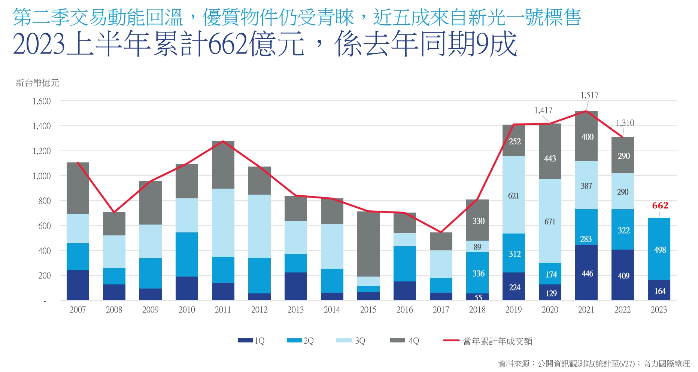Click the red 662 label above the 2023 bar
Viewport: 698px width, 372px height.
pyautogui.click(x=660, y=205)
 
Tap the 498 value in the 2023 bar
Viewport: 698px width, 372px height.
pyautogui.click(x=660, y=250)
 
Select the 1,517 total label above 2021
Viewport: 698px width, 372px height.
pyautogui.click(x=589, y=95)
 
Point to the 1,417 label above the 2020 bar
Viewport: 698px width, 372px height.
pyautogui.click(x=543, y=110)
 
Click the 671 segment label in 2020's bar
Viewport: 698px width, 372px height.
pyautogui.click(x=550, y=222)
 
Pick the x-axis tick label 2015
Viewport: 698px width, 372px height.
pyautogui.click(x=368, y=310)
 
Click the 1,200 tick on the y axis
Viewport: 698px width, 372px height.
pyautogui.click(x=42, y=151)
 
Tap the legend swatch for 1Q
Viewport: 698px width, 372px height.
pyautogui.click(x=245, y=341)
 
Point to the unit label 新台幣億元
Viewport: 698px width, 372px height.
pyautogui.click(x=37, y=83)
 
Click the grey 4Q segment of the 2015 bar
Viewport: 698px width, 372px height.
pyautogui.click(x=368, y=243)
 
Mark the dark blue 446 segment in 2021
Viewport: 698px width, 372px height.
pyautogui.click(x=586, y=274)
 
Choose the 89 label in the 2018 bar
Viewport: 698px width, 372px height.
pyautogui.click(x=477, y=247)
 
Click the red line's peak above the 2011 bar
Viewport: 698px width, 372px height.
pyautogui.click(x=223, y=141)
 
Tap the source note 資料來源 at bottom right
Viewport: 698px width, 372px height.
pyautogui.click(x=594, y=364)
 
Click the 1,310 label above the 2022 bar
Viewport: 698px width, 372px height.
pyautogui.click(x=625, y=123)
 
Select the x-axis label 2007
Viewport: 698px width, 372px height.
pyautogui.click(x=78, y=310)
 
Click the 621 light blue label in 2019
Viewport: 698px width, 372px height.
pyautogui.click(x=513, y=196)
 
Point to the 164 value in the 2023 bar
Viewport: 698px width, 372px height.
pyautogui.click(x=660, y=291)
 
